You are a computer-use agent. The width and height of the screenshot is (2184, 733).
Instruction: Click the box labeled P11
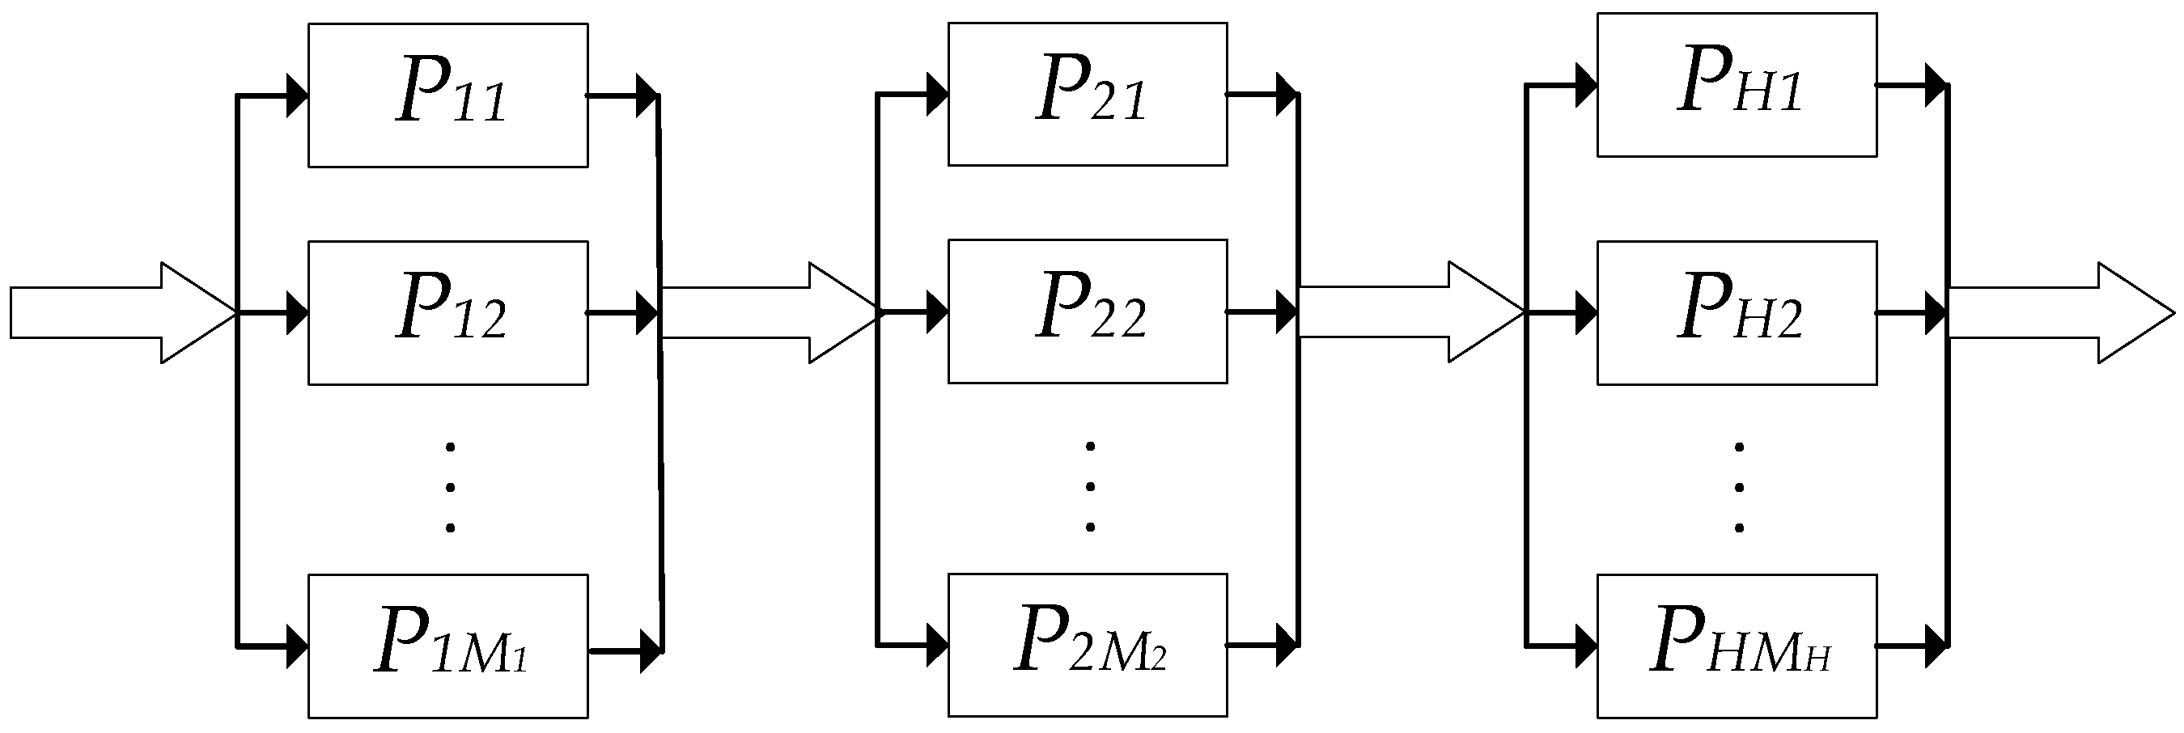447,95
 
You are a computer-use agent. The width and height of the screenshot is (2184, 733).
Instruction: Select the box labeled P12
447,312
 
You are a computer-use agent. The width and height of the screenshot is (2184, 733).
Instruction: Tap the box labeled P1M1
447,646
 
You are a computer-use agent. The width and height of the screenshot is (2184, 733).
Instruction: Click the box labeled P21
1087,94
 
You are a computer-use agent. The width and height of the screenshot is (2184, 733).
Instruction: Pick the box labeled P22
1087,311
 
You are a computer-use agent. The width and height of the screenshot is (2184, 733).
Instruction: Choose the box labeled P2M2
1087,645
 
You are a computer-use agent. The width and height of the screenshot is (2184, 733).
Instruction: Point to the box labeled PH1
1737,85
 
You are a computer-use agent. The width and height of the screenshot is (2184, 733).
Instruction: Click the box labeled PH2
1737,312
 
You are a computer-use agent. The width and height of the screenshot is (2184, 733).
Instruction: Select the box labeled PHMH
1737,646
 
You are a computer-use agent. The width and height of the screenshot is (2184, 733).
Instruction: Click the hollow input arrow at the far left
119,312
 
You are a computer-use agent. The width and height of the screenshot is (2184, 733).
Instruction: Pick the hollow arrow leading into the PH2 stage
1407,311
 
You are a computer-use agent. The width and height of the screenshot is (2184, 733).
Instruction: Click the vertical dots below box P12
450,487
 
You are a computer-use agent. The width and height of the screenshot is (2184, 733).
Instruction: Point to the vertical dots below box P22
1090,487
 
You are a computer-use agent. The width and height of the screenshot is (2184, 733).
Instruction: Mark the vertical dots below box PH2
1739,487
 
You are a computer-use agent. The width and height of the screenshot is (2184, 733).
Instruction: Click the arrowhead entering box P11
297,95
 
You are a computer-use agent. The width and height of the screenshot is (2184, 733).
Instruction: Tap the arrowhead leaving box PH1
1935,85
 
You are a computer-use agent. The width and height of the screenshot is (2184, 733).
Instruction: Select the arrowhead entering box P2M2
937,645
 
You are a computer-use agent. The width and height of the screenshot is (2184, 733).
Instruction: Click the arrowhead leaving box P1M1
651,650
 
